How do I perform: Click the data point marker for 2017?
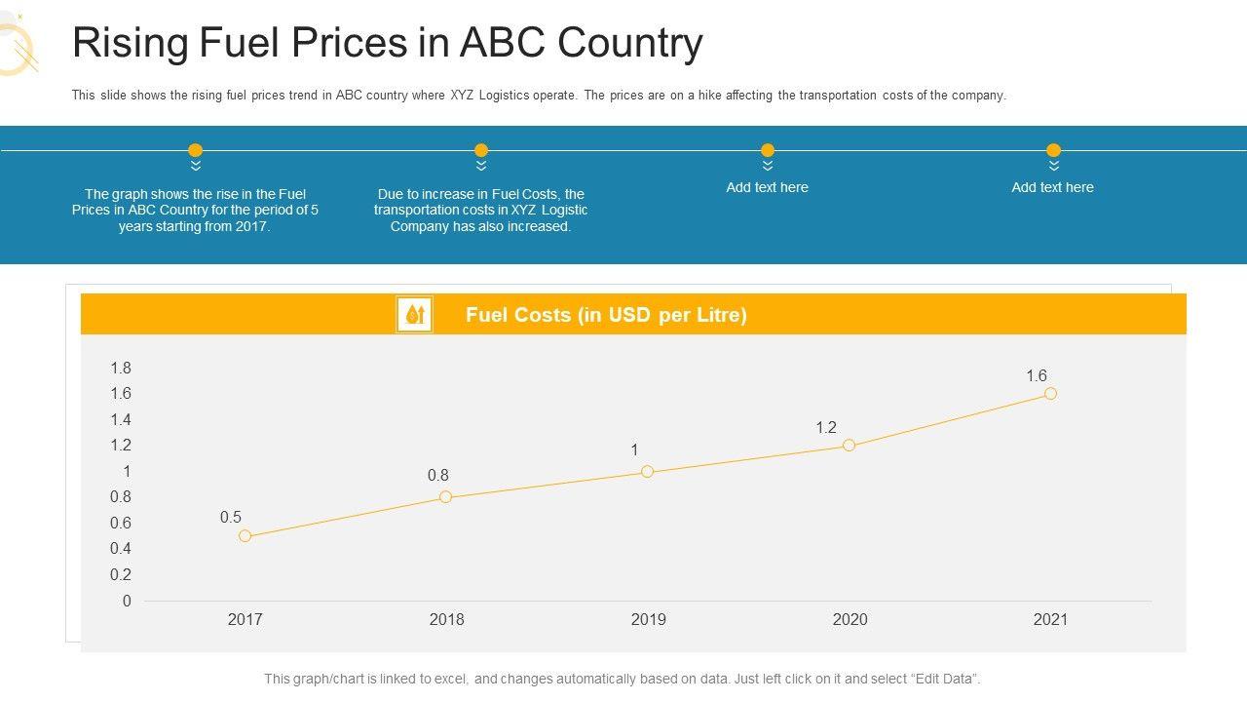tap(245, 536)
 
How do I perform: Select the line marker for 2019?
tap(647, 472)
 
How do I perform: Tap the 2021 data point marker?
tap(1050, 394)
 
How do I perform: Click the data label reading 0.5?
tap(231, 518)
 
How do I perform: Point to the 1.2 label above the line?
tap(826, 427)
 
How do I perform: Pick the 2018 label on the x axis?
tap(446, 619)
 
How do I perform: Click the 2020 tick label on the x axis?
tap(850, 619)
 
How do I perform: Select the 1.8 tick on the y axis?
tap(121, 368)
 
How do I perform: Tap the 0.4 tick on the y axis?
tap(121, 549)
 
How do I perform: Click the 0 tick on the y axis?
tap(127, 602)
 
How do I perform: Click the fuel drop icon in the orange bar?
tap(415, 315)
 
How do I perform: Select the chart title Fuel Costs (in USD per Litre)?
tap(606, 315)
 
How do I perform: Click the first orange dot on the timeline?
tap(195, 150)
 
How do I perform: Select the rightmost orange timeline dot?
tap(1053, 150)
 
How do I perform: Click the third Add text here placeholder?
tap(767, 187)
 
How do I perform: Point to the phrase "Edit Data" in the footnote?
tap(944, 679)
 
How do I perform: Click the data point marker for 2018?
tap(446, 497)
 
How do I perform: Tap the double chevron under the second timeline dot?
tap(481, 166)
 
